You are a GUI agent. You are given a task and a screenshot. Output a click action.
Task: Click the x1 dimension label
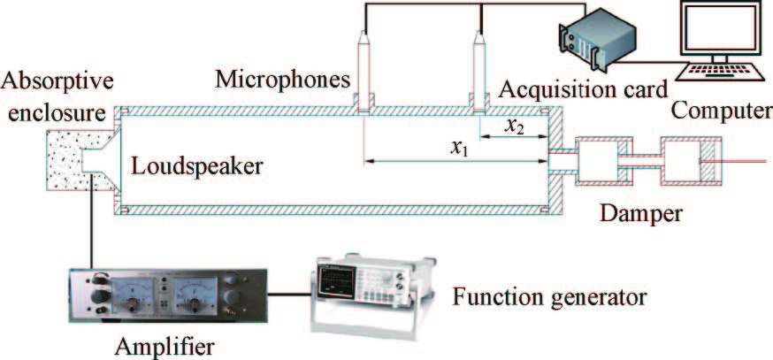[x=457, y=148]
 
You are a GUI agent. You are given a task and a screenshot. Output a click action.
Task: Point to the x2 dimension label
[x=514, y=126]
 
